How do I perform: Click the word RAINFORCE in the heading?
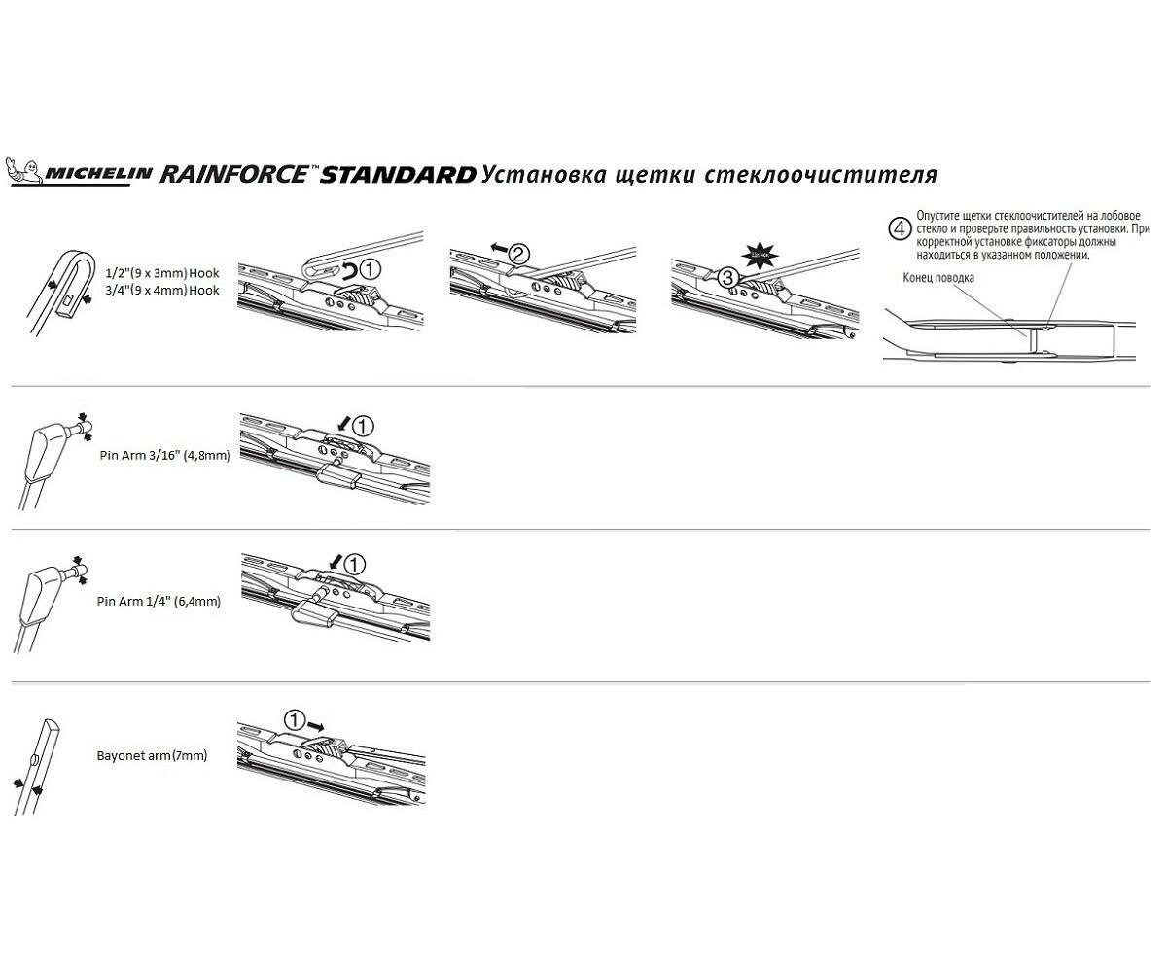pos(233,174)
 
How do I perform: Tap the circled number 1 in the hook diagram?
pos(371,266)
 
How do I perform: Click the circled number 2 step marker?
pos(519,255)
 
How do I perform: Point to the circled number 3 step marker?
pos(728,277)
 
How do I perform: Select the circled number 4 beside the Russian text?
pos(901,229)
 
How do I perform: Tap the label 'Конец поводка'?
pos(938,277)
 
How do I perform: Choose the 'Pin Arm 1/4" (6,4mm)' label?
pos(159,602)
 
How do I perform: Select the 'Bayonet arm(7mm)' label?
pos(152,755)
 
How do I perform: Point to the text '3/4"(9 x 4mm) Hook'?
pos(161,290)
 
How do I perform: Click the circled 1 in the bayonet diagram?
pos(295,719)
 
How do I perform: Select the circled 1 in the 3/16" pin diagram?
pos(362,426)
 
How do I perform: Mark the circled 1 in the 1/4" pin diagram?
pos(355,564)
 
